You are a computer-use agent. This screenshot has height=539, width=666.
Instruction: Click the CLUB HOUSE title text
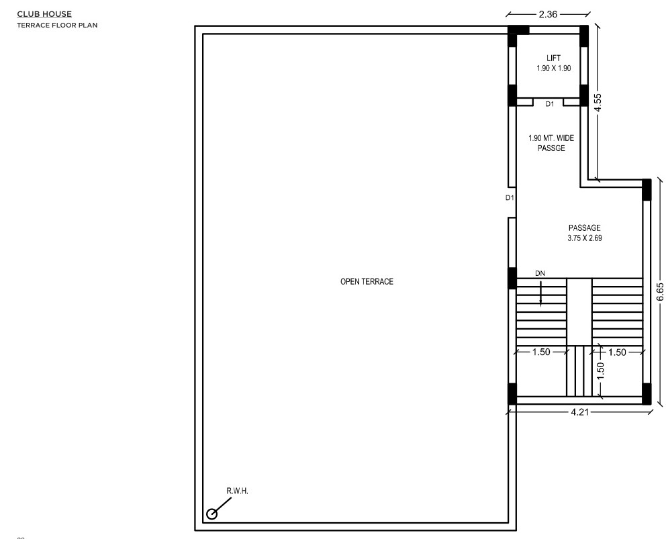(44, 14)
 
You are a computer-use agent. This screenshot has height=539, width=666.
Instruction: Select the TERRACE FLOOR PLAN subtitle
(57, 25)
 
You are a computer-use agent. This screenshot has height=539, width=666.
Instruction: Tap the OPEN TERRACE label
(367, 282)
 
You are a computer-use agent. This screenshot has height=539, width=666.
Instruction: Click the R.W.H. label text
(238, 491)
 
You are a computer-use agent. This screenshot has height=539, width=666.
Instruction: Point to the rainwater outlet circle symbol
(211, 514)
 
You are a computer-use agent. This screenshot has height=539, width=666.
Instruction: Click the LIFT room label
(553, 58)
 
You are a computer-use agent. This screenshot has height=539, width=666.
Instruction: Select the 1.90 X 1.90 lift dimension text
(553, 68)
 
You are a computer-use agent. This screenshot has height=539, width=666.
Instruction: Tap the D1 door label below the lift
(550, 104)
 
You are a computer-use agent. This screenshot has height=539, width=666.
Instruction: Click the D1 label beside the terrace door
(510, 198)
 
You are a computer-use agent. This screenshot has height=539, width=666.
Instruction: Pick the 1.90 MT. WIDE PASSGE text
(551, 143)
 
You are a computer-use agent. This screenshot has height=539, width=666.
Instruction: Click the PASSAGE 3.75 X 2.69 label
(585, 233)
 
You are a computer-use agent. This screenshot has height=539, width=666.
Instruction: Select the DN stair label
(540, 274)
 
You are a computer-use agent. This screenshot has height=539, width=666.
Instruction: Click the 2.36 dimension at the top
(548, 15)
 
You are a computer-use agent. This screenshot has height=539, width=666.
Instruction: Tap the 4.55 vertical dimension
(598, 103)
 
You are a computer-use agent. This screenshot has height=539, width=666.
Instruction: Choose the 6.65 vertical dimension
(660, 292)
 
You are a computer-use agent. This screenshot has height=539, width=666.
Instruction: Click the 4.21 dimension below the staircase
(580, 412)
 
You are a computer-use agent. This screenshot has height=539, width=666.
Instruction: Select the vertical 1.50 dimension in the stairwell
(600, 372)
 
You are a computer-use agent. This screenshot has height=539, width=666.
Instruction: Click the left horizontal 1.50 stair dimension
(541, 352)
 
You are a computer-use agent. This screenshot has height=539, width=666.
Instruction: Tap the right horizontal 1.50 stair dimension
(617, 352)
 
